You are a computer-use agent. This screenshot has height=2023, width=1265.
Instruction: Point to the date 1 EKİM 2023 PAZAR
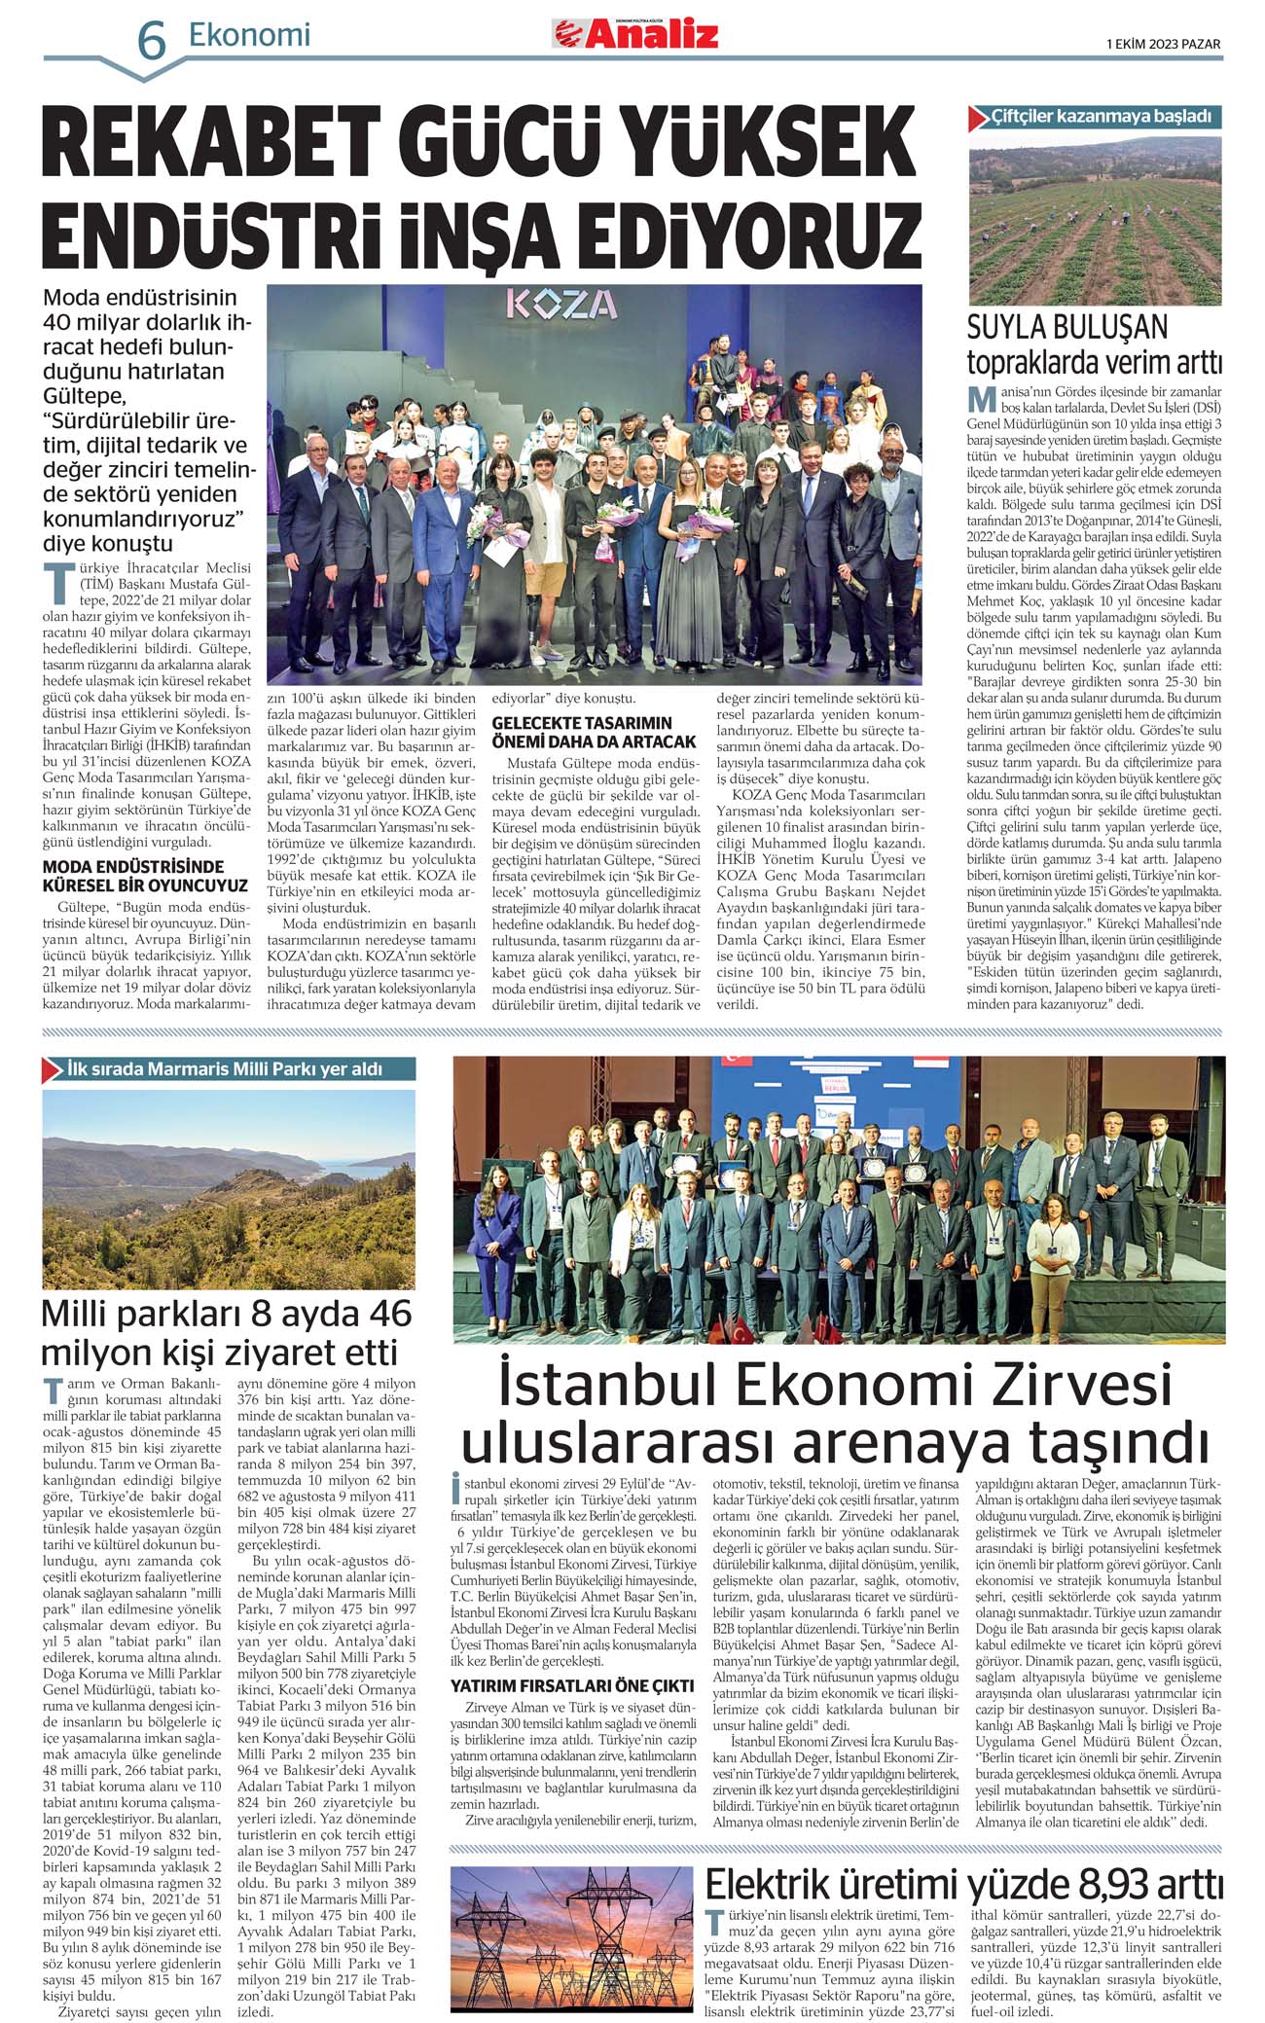[1163, 44]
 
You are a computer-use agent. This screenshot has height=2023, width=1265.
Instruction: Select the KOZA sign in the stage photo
[560, 306]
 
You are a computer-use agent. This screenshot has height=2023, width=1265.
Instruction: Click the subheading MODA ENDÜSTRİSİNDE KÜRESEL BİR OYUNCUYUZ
[145, 876]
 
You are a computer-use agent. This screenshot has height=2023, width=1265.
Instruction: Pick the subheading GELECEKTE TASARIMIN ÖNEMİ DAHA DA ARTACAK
[594, 732]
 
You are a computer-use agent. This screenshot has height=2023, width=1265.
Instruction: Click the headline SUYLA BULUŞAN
[1066, 327]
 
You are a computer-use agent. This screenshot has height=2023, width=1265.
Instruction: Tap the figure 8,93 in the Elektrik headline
[1105, 1884]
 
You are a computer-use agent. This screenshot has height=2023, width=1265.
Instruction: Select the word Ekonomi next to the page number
[249, 35]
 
